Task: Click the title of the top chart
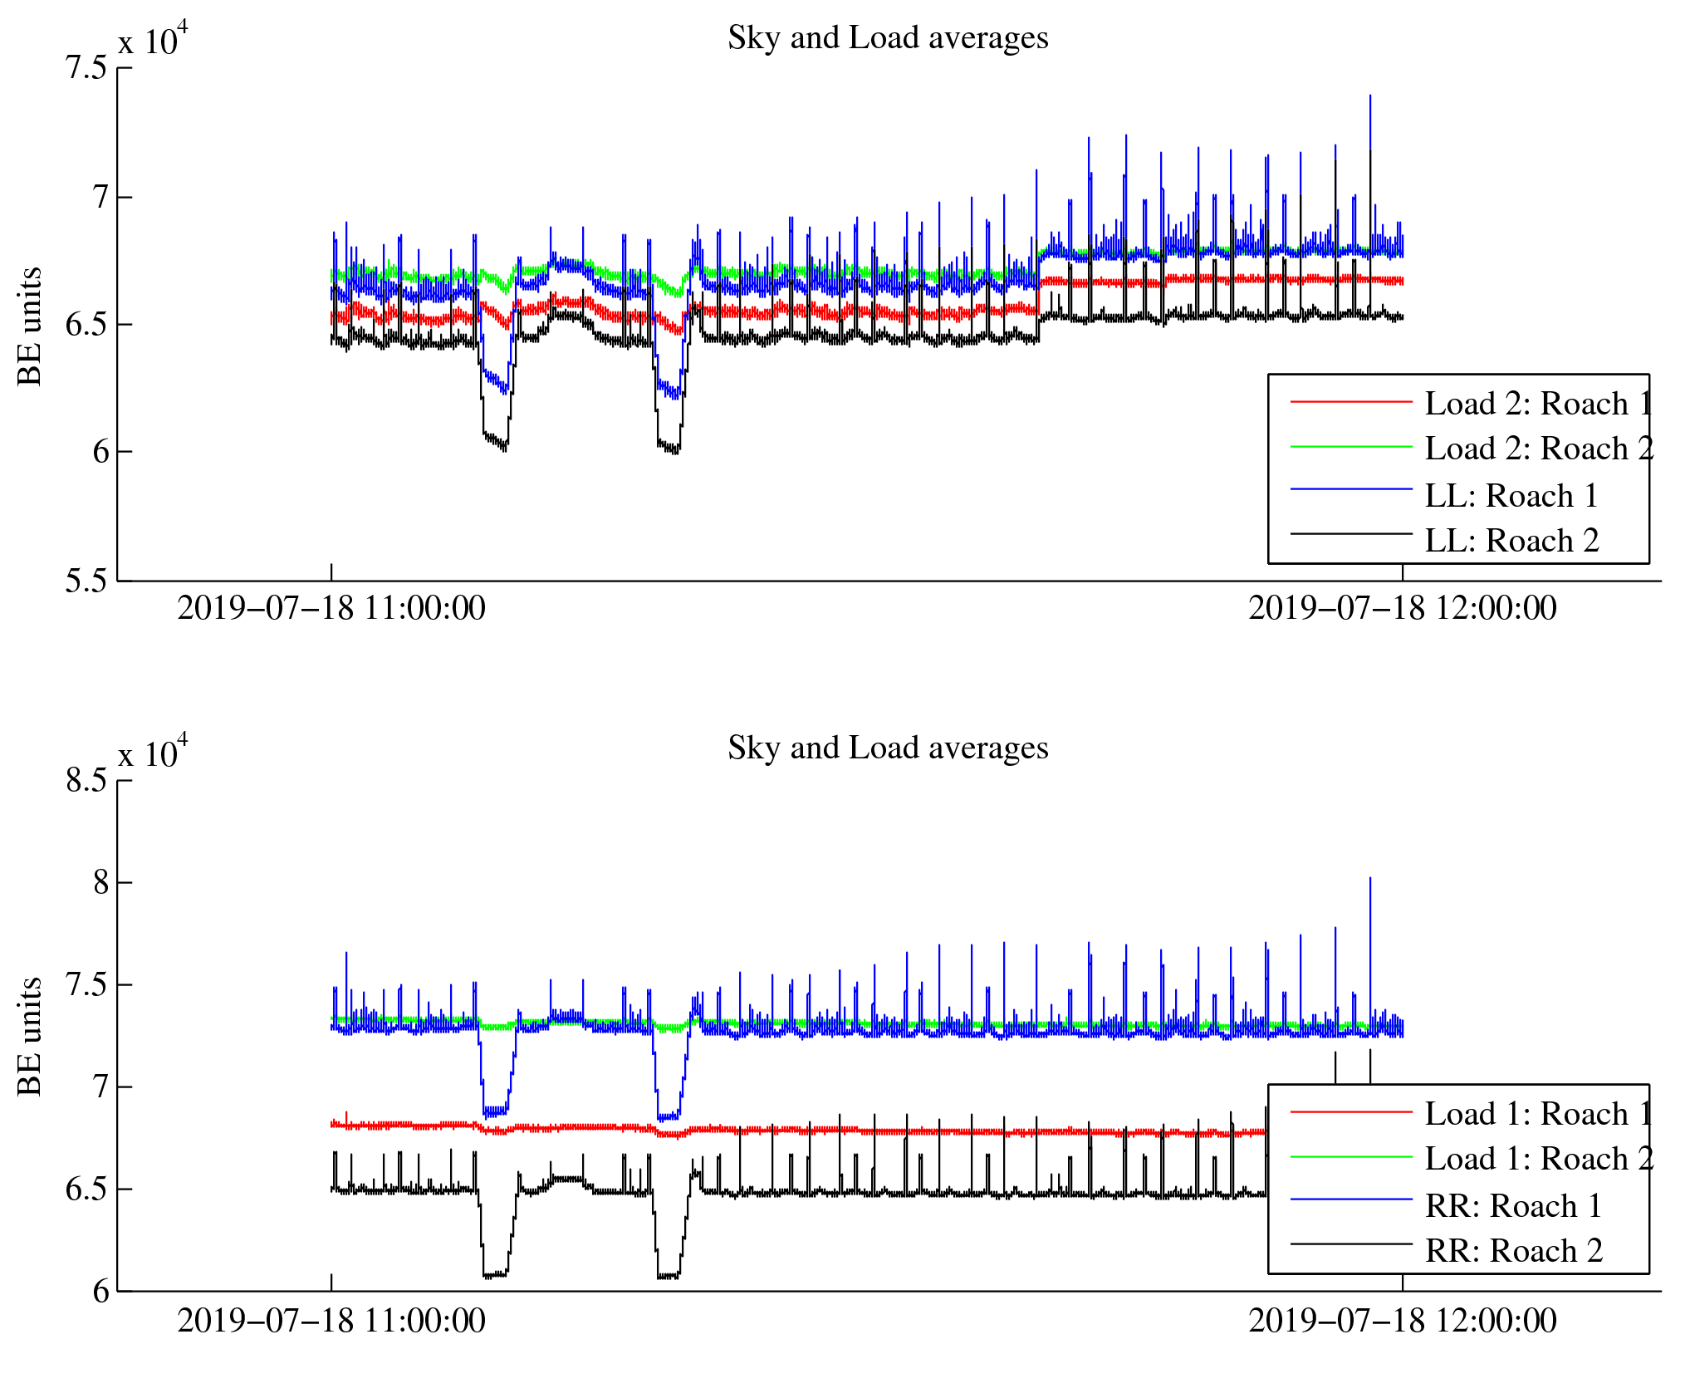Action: [888, 38]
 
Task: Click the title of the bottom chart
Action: [888, 748]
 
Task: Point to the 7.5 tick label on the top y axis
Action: [87, 68]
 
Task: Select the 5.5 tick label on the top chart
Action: [87, 581]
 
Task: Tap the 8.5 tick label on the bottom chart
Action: [87, 781]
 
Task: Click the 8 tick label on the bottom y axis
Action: [100, 883]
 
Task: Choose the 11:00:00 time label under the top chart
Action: [331, 609]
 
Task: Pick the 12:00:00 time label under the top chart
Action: [1402, 609]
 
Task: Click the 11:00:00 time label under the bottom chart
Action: [331, 1321]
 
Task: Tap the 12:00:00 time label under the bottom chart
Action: [1402, 1321]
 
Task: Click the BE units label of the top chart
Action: [30, 326]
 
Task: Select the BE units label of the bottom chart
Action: [30, 1037]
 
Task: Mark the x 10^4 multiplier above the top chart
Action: [153, 40]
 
